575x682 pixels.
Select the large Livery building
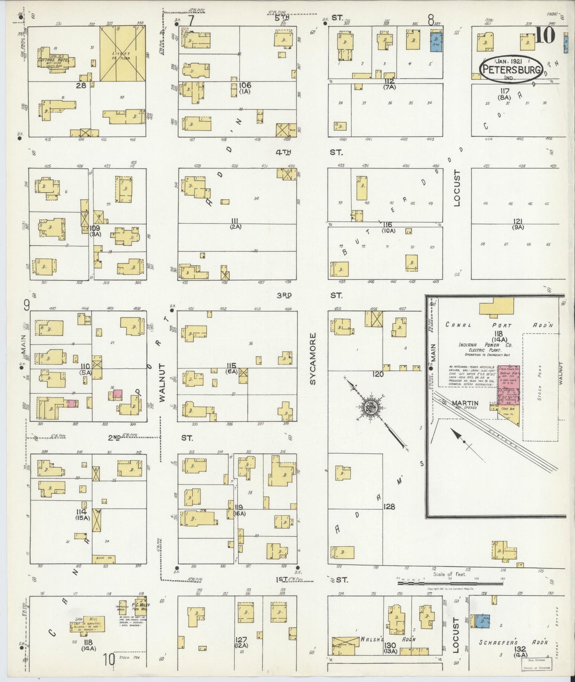tap(122, 54)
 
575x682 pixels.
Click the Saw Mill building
tap(88, 626)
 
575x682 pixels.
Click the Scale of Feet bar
tap(430, 583)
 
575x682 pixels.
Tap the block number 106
tap(245, 85)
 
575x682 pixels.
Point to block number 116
tap(388, 225)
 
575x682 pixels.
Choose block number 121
tap(518, 221)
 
